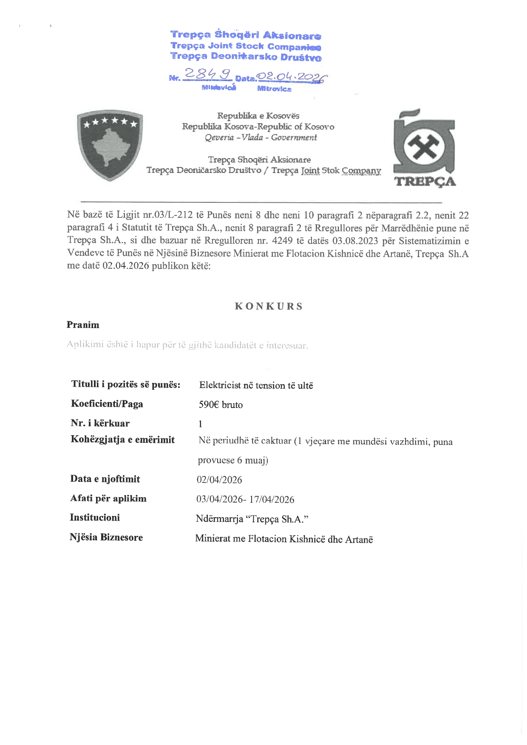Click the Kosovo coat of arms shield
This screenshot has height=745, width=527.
pyautogui.click(x=110, y=144)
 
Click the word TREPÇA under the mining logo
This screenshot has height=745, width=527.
pyautogui.click(x=425, y=182)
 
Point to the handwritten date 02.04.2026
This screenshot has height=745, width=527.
pyautogui.click(x=293, y=76)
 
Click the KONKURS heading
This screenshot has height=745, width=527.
pyautogui.click(x=269, y=306)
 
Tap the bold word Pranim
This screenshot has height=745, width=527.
pyautogui.click(x=83, y=325)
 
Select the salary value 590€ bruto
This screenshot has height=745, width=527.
pyautogui.click(x=221, y=405)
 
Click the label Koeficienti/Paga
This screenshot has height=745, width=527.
pyautogui.click(x=107, y=404)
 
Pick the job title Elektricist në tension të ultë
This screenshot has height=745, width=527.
pyautogui.click(x=256, y=385)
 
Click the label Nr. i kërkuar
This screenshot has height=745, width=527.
pyautogui.click(x=100, y=423)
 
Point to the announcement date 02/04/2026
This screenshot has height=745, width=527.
pyautogui.click(x=219, y=480)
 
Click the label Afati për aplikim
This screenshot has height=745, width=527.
pyautogui.click(x=108, y=499)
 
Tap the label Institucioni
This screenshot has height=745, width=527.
pyautogui.click(x=95, y=518)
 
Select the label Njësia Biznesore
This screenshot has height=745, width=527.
pyautogui.click(x=106, y=538)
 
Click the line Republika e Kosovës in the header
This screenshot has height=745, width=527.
pyautogui.click(x=258, y=116)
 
